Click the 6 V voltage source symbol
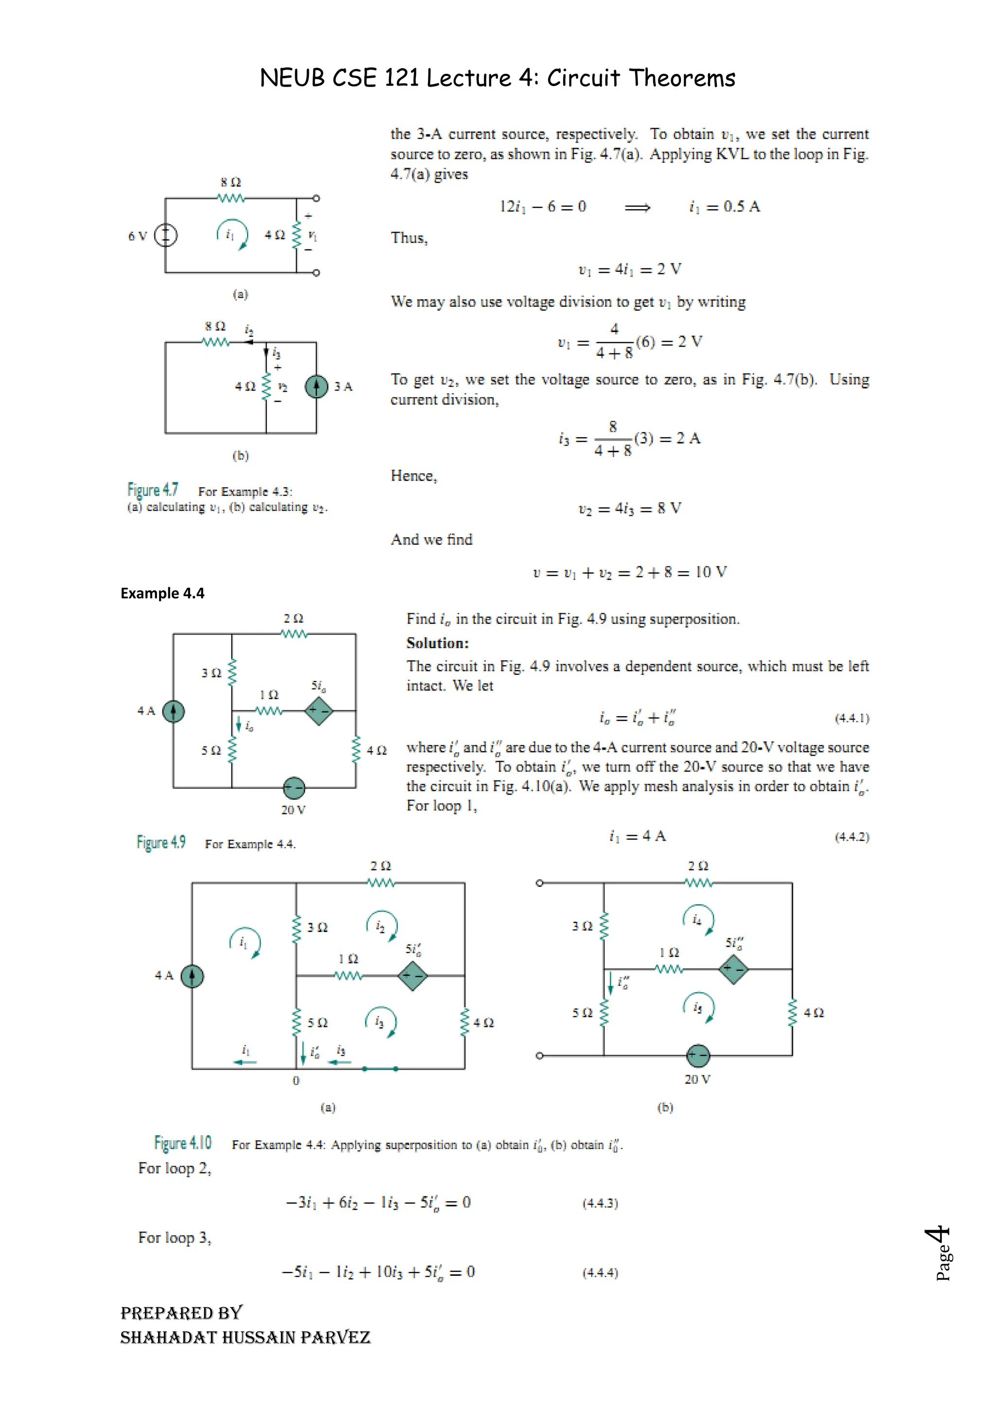pyautogui.click(x=165, y=235)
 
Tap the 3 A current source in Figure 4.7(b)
pyautogui.click(x=317, y=387)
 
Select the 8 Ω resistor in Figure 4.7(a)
pyautogui.click(x=231, y=198)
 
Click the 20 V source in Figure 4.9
pyautogui.click(x=294, y=788)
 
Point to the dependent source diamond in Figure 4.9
pyautogui.click(x=319, y=711)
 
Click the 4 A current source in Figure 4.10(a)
pyautogui.click(x=192, y=976)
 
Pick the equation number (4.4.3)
pyautogui.click(x=600, y=1203)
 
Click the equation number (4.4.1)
pyautogui.click(x=852, y=718)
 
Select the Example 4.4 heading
pyautogui.click(x=162, y=593)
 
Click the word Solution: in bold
pyautogui.click(x=437, y=643)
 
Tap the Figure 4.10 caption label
pyautogui.click(x=183, y=1143)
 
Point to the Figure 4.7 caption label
pyautogui.click(x=153, y=490)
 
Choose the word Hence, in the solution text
pyautogui.click(x=414, y=476)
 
